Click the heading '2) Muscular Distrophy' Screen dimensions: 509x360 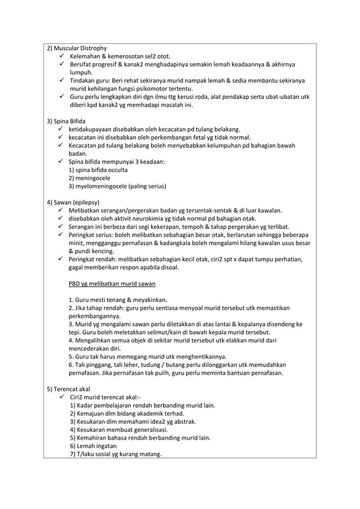tap(76, 48)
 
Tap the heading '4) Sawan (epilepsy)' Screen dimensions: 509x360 tap(73, 202)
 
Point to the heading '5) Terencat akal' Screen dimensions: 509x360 tap(69, 389)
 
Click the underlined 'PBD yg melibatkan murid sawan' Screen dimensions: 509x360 tap(112, 283)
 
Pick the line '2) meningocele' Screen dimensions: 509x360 tap(89, 178)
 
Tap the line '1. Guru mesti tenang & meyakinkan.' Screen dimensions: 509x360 tap(121, 300)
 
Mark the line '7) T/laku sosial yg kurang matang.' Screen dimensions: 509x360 tap(115, 454)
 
